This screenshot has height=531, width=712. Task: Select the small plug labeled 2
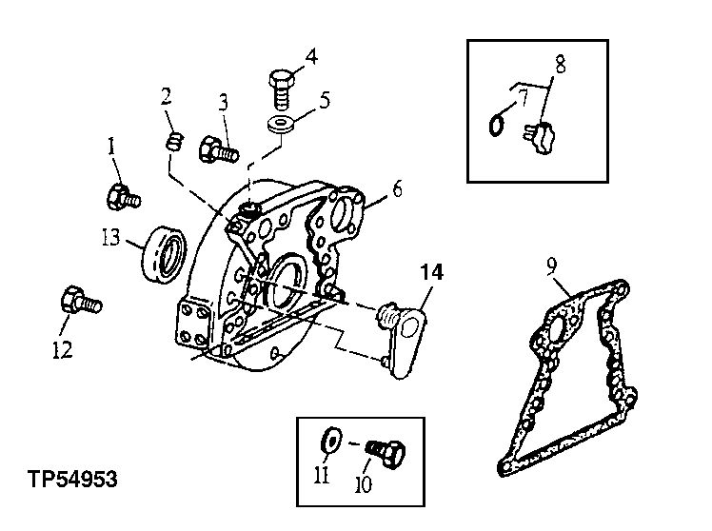[x=173, y=143]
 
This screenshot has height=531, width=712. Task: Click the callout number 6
[x=396, y=188]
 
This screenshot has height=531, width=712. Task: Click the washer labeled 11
[x=332, y=441]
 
